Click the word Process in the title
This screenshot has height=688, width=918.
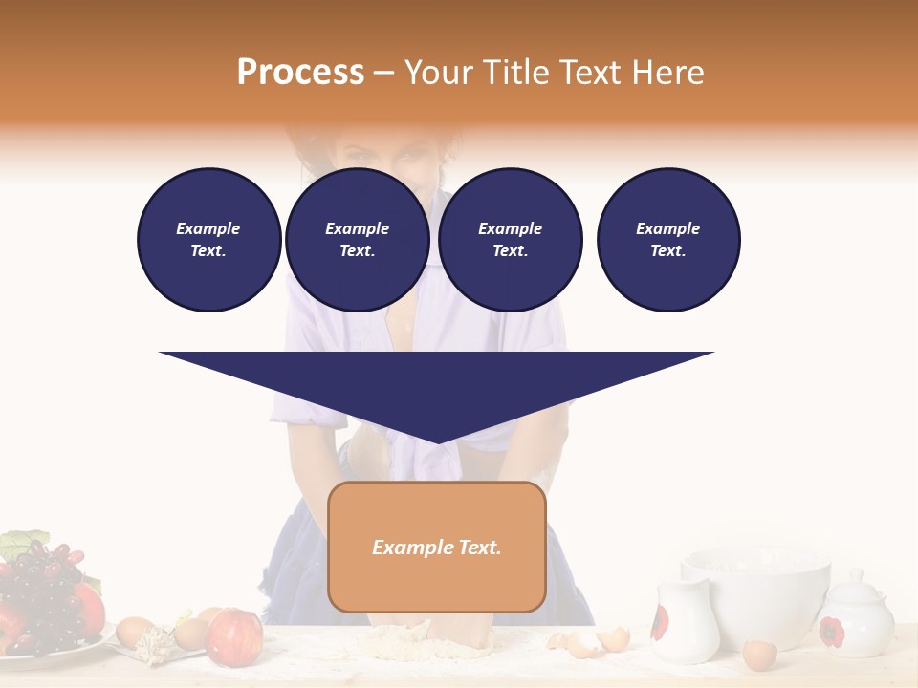tap(300, 72)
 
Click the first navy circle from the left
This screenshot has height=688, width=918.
tap(208, 240)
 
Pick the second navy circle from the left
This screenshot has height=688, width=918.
tap(357, 240)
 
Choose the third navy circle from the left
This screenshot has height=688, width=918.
tap(510, 240)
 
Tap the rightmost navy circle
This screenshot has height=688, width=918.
tap(667, 240)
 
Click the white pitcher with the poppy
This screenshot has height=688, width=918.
tap(685, 621)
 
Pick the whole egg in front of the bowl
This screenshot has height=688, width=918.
tap(760, 655)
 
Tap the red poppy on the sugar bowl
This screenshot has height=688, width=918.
tap(831, 631)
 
